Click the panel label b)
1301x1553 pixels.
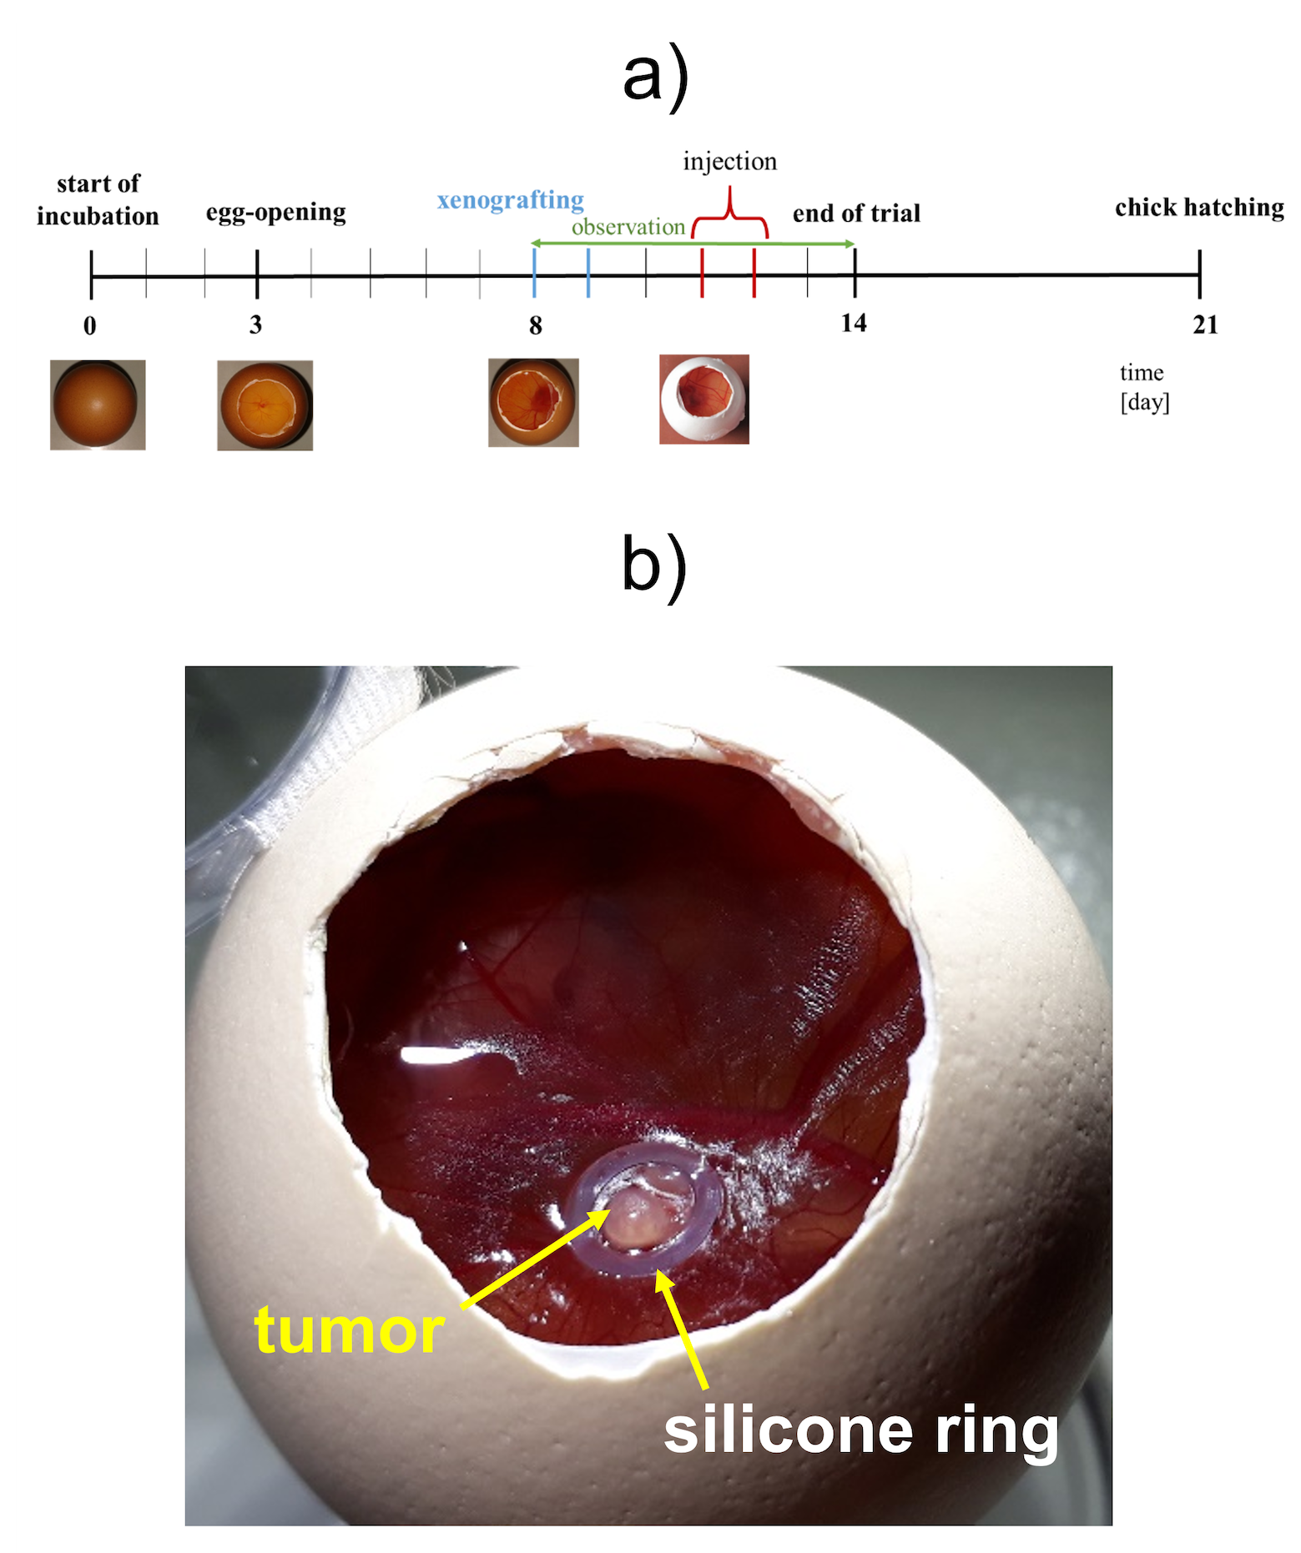[x=654, y=566]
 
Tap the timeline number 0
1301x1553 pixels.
[x=90, y=325]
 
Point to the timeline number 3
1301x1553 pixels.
[x=255, y=324]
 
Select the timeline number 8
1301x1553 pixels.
[x=535, y=325]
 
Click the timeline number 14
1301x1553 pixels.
[x=854, y=323]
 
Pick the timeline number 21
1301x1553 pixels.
[x=1205, y=324]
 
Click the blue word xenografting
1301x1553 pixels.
[x=510, y=200]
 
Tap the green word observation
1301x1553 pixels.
[x=628, y=227]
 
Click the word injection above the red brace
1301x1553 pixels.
[x=729, y=161]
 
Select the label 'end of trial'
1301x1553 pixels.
[x=856, y=214]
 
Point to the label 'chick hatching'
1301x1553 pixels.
[x=1199, y=207]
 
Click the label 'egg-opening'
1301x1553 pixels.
[x=275, y=213]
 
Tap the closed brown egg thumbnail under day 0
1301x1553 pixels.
[x=98, y=405]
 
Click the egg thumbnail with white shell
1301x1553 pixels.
[x=703, y=400]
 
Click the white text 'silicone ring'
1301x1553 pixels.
[x=860, y=1430]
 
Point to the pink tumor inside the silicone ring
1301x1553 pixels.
[x=638, y=1217]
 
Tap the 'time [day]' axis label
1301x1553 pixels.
[x=1144, y=388]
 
